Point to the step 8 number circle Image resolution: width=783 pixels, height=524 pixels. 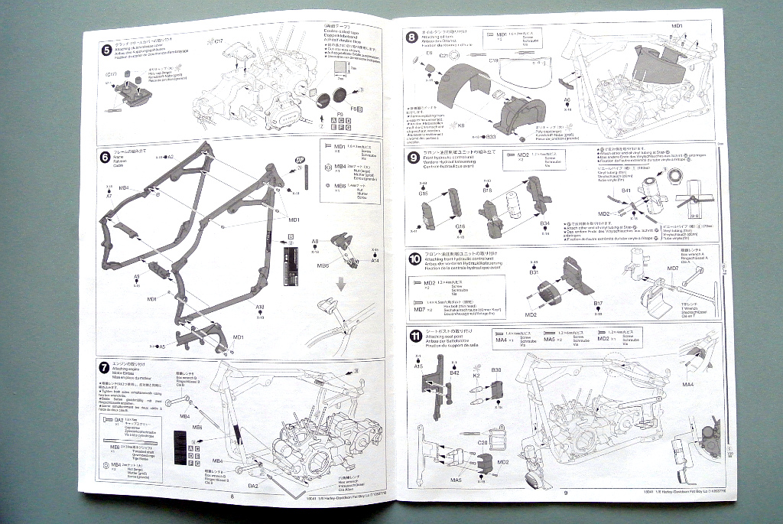click(411, 36)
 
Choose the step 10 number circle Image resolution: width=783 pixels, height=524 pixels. click(414, 258)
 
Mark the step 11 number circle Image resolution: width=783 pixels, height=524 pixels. click(414, 335)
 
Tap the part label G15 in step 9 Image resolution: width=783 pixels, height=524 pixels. click(424, 194)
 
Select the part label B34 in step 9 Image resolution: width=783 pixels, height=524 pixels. click(545, 224)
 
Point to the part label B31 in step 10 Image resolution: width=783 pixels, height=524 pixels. click(534, 272)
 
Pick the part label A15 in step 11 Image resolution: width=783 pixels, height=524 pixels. click(418, 366)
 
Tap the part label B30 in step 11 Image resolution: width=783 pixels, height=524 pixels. click(496, 369)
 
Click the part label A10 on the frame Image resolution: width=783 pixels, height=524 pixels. click(260, 307)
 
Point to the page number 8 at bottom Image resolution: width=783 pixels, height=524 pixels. click(230, 495)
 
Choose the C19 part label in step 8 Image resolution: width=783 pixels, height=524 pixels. click(493, 60)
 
